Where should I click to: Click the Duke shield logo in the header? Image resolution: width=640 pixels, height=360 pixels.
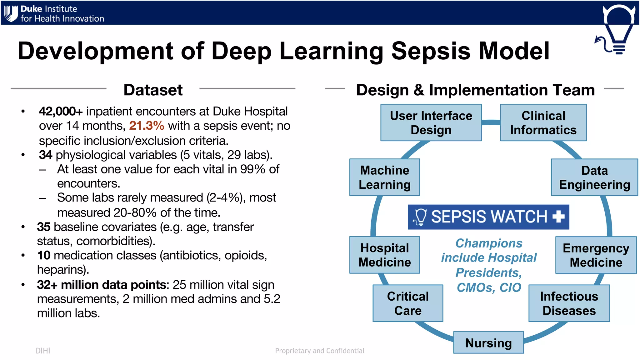point(11,13)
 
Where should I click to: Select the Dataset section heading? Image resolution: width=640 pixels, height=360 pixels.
point(153,90)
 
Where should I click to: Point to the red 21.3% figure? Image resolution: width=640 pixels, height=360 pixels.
point(147,126)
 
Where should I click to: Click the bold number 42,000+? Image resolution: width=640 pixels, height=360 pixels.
point(61,111)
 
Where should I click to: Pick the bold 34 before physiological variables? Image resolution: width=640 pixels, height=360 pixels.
point(45,155)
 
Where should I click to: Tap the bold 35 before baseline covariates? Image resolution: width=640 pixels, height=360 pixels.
point(43,227)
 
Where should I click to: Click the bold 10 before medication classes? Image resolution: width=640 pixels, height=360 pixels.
point(43,255)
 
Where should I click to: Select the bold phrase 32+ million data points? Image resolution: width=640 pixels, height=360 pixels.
point(102,285)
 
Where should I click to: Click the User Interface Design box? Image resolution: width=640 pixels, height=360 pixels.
point(431,123)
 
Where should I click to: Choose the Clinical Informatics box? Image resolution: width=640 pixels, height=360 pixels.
point(543,123)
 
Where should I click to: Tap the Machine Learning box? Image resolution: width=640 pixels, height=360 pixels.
point(384,177)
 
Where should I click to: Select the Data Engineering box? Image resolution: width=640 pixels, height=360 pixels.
point(594,177)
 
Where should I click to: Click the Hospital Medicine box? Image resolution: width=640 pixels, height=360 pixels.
point(384,255)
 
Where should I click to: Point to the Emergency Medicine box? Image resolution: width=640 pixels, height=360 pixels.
point(596,255)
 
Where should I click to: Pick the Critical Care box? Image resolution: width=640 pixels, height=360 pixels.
point(408,303)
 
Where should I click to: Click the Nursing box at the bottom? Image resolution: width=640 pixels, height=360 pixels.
point(488,343)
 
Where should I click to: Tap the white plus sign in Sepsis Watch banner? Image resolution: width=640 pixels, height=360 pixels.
point(558,217)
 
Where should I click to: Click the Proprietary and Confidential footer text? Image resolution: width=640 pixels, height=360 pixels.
point(320,351)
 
